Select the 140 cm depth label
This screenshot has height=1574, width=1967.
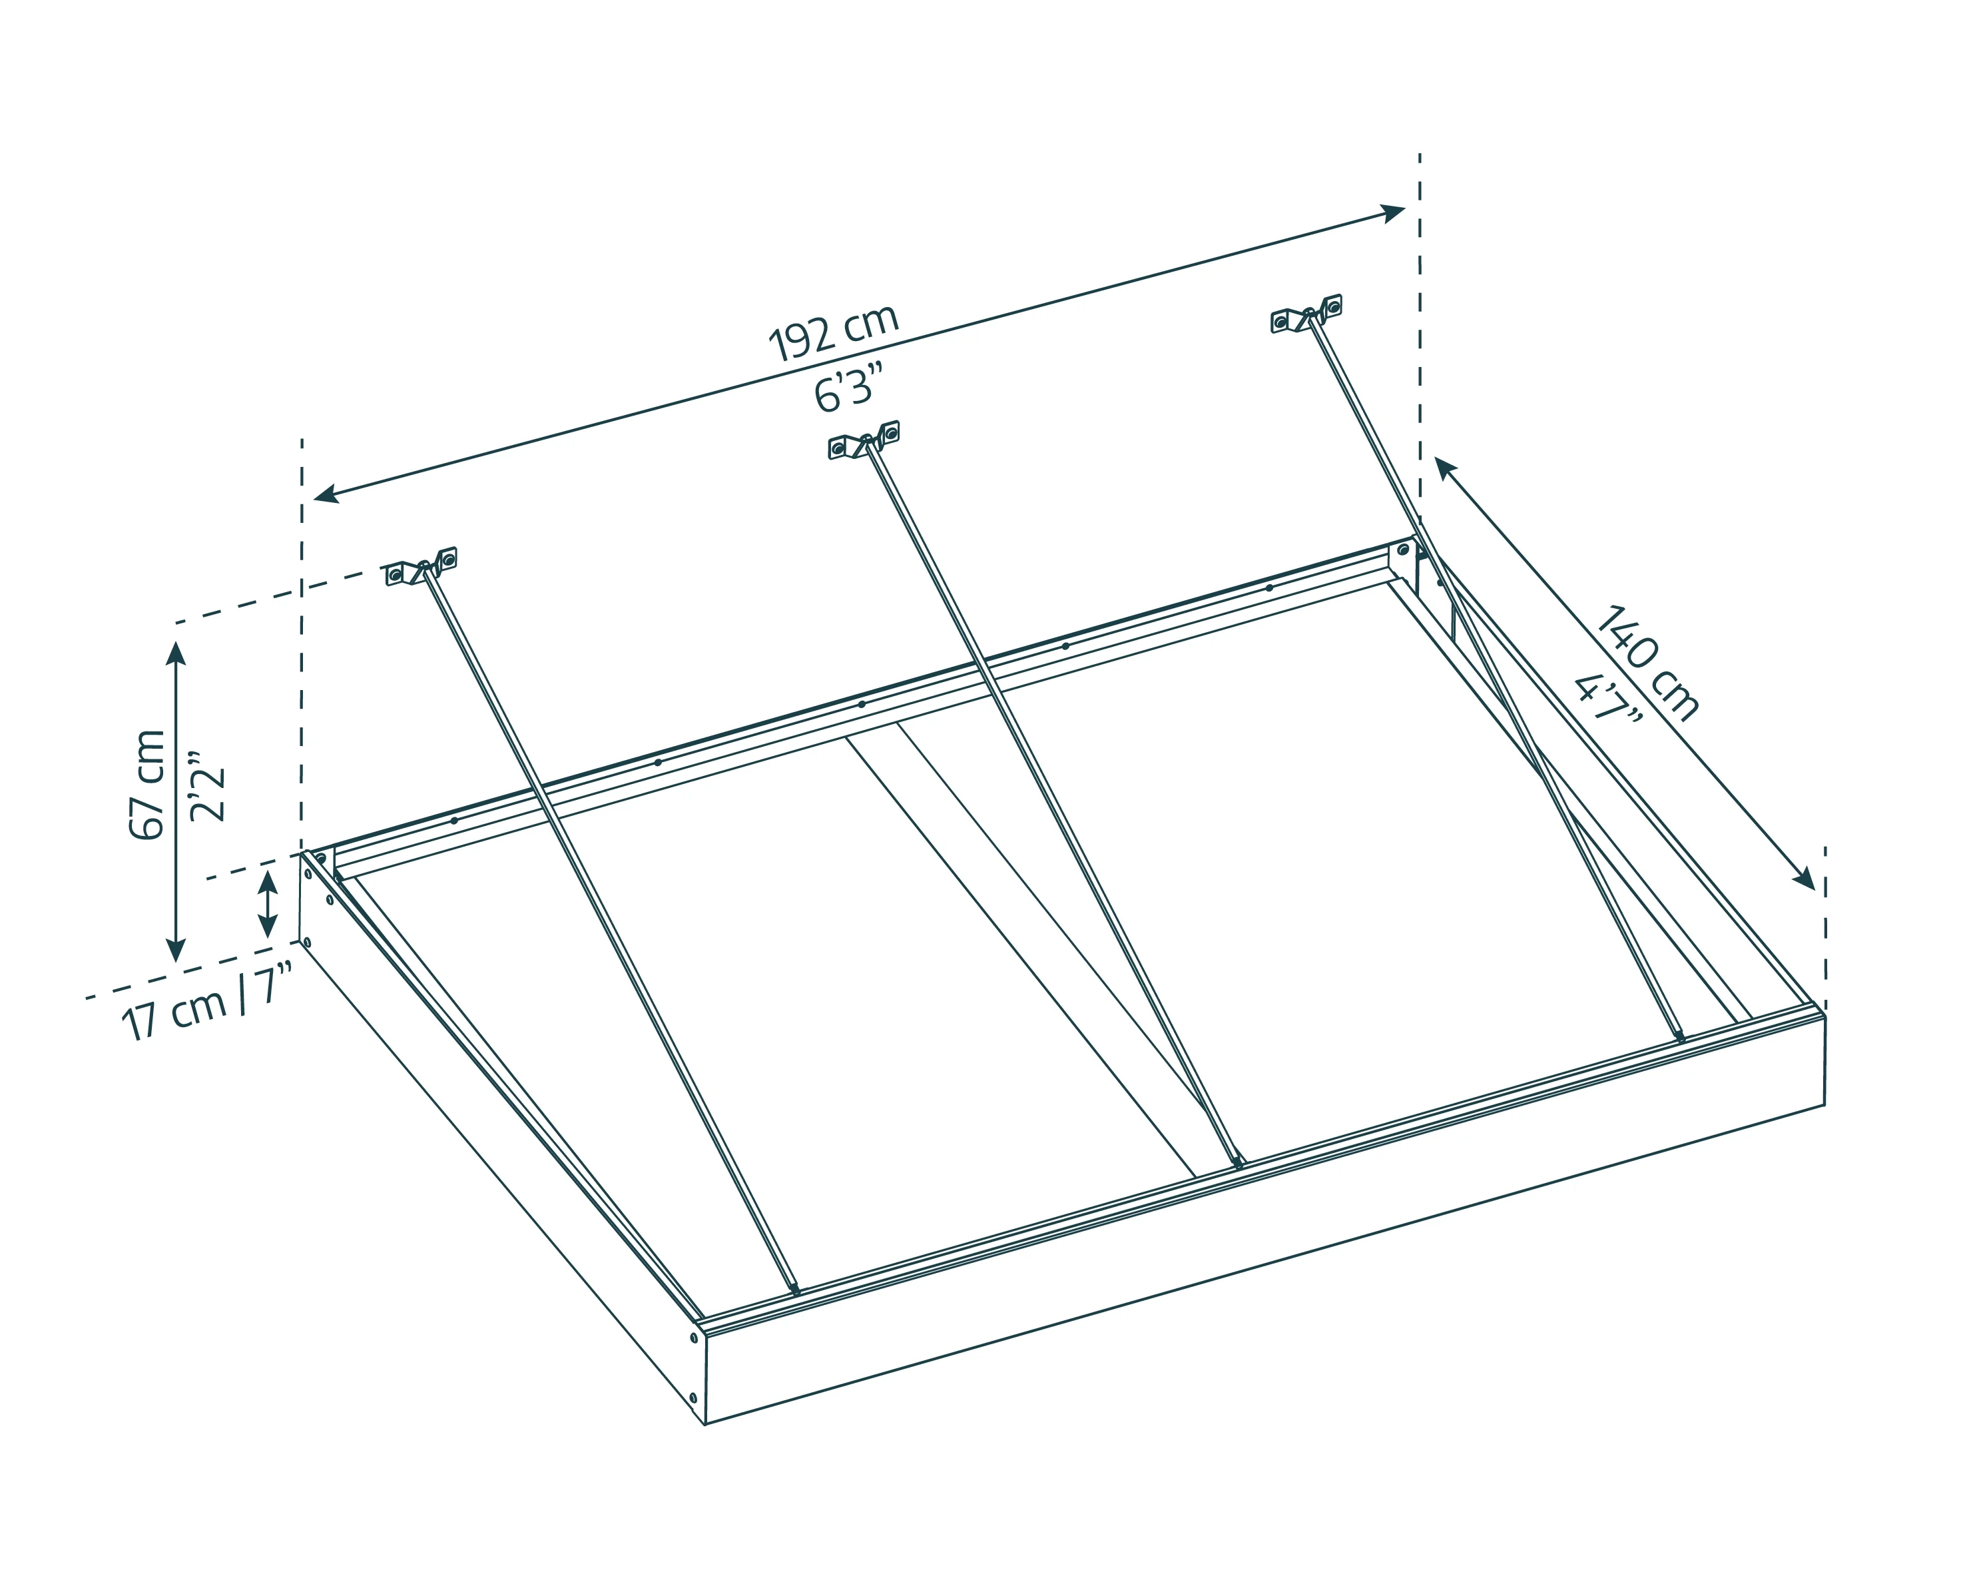pos(1647,661)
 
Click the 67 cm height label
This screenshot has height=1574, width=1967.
pos(148,785)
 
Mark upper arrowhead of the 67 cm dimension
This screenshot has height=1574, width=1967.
pos(176,653)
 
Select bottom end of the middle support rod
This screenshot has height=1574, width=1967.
pos(1237,1162)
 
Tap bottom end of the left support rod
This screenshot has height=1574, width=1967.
pos(796,1290)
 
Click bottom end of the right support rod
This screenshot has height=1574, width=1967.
pos(1681,1036)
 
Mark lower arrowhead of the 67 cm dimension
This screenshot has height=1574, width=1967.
pos(176,949)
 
